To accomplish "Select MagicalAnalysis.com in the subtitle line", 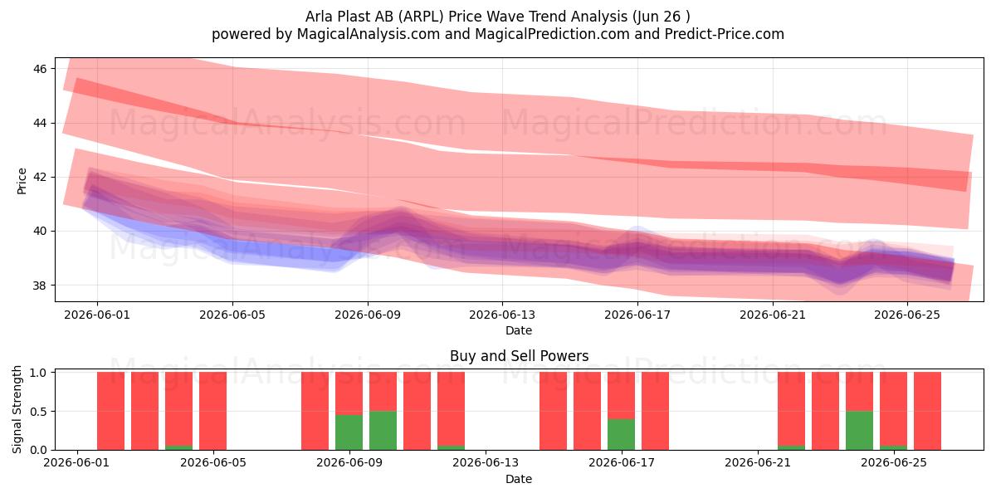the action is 369,34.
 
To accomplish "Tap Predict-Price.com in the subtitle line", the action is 725,34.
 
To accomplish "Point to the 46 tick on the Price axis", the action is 40,68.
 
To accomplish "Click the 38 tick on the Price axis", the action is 40,285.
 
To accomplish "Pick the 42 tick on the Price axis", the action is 40,177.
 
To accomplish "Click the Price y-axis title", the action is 22,181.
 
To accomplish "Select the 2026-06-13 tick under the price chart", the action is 502,315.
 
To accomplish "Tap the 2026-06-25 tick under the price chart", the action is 907,315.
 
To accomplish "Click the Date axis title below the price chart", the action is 519,330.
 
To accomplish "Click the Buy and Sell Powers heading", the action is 519,356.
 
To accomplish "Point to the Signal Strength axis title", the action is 17,409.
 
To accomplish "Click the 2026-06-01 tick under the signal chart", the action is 77,463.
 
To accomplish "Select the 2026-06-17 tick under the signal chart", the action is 622,463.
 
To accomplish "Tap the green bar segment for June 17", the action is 622,434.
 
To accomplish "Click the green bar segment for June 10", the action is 383,431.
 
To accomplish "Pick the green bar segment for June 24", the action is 860,431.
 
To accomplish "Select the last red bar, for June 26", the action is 928,411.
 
